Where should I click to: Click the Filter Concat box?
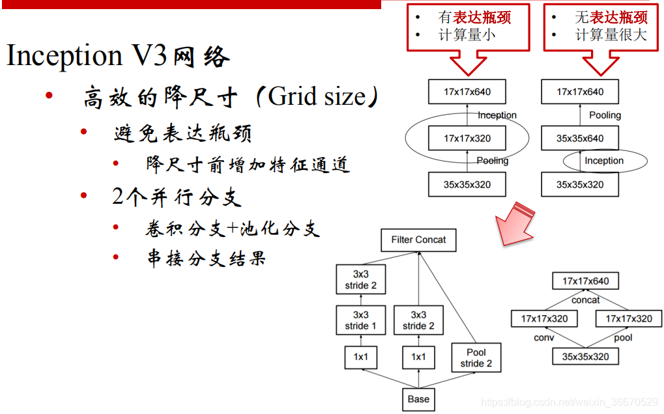(x=418, y=240)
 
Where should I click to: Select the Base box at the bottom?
(x=418, y=399)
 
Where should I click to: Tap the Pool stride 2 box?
(x=476, y=357)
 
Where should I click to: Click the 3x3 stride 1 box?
(x=360, y=320)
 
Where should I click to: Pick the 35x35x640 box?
(x=579, y=138)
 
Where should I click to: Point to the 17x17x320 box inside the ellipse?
(x=467, y=138)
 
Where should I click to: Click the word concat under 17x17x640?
(x=585, y=300)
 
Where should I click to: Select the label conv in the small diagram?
(x=543, y=338)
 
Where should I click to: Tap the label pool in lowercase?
(x=623, y=338)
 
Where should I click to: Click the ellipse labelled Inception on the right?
(x=604, y=161)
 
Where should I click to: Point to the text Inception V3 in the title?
(x=89, y=57)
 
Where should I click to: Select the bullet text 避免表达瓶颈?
(x=182, y=133)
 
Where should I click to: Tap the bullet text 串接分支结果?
(x=207, y=258)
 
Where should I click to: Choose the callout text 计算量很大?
(x=611, y=35)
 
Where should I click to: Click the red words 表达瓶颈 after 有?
(x=482, y=17)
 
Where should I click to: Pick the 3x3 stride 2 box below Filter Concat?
(x=360, y=280)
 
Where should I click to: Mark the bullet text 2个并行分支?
(x=177, y=197)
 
